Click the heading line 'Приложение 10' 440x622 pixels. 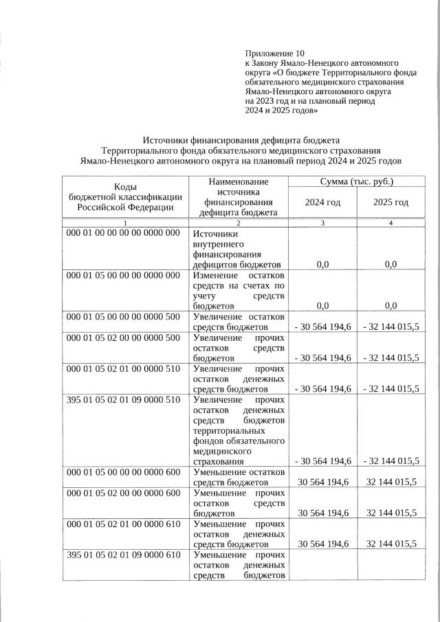[x=274, y=53]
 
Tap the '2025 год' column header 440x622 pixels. [x=390, y=202]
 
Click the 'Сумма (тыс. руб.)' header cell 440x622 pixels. [x=357, y=182]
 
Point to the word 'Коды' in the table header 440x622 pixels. [x=124, y=187]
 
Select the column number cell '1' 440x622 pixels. [x=125, y=223]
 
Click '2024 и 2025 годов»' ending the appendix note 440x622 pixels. [x=281, y=110]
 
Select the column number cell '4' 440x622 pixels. [x=390, y=223]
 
